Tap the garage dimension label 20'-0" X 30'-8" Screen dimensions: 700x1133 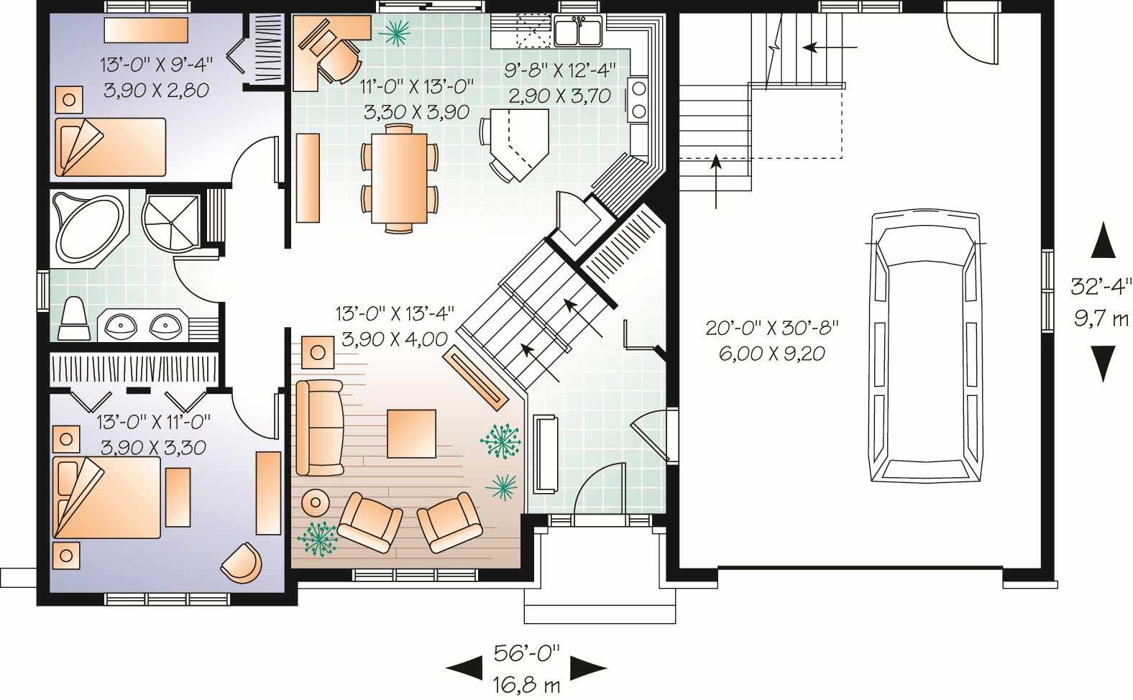tap(772, 328)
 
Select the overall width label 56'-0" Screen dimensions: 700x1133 tap(526, 653)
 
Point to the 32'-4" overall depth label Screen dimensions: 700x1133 tap(1101, 287)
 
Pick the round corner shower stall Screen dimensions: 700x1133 tap(170, 221)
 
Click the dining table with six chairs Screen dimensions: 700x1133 tap(399, 178)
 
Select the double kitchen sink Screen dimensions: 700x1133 tap(578, 32)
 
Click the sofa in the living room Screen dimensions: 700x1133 tap(319, 428)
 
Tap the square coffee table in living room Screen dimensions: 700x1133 tap(411, 433)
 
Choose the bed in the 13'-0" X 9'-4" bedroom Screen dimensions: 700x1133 tap(110, 147)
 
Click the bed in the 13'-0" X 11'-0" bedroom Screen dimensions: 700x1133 tap(106, 497)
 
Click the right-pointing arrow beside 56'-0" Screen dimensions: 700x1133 tap(589, 668)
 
